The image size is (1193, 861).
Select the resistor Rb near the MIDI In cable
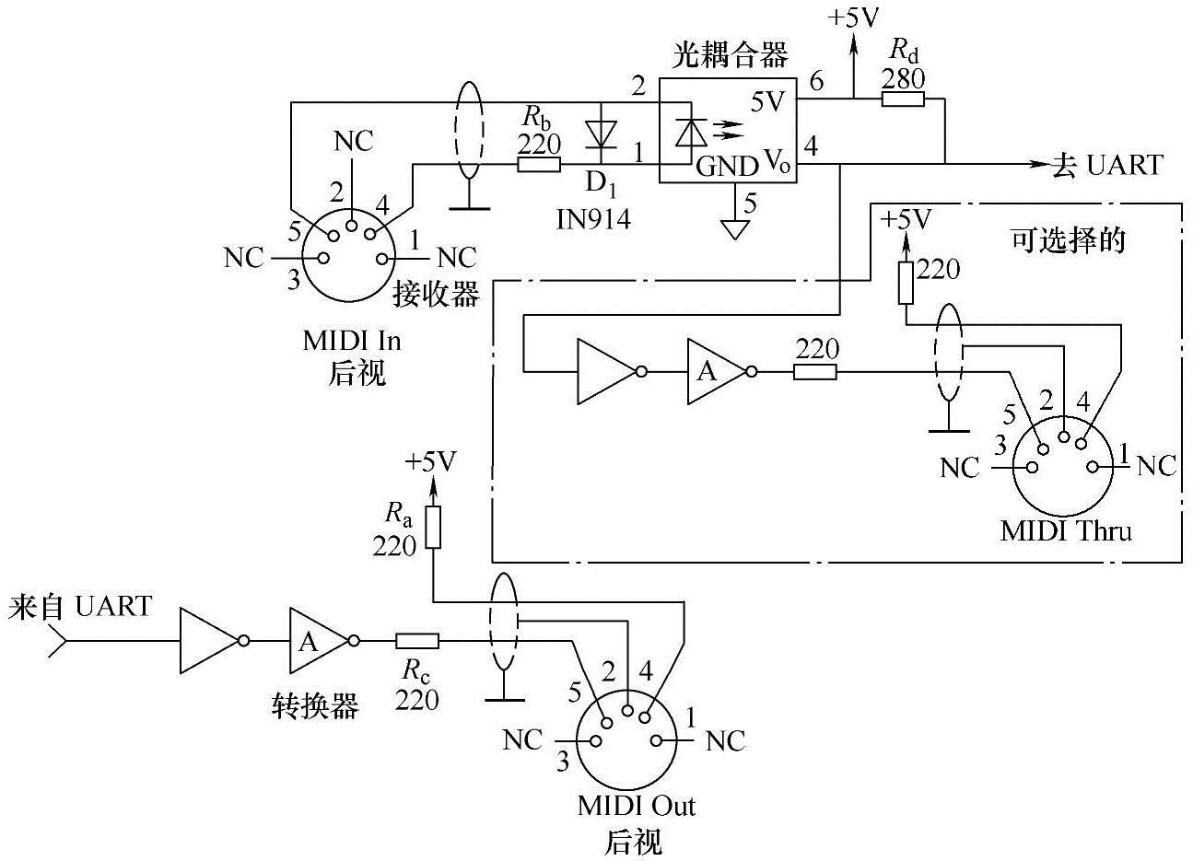[x=539, y=165]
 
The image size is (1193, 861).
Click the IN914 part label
[x=593, y=218]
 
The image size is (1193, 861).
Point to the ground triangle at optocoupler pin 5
[x=734, y=227]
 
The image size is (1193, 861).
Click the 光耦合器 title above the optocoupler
[x=731, y=56]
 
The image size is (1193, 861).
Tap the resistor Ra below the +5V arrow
[x=433, y=528]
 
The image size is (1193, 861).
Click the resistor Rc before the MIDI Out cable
[x=417, y=641]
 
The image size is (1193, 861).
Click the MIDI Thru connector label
[x=1066, y=531]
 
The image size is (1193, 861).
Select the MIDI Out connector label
[x=636, y=806]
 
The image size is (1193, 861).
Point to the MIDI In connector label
[x=353, y=341]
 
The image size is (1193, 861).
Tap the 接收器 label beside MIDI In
[x=438, y=294]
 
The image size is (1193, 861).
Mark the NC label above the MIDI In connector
[x=354, y=141]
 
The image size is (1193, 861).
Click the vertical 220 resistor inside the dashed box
[x=906, y=283]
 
